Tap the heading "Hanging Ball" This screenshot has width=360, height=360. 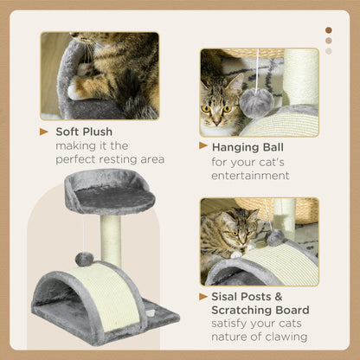click(250, 147)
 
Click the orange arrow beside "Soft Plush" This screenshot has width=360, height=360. click(45, 132)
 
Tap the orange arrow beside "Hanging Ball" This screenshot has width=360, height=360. click(204, 147)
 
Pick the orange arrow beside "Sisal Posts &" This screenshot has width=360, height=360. click(204, 295)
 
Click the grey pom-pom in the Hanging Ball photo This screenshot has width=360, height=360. click(257, 102)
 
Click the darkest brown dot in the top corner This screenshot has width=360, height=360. click(328, 29)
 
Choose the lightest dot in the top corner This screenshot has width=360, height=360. click(328, 50)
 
